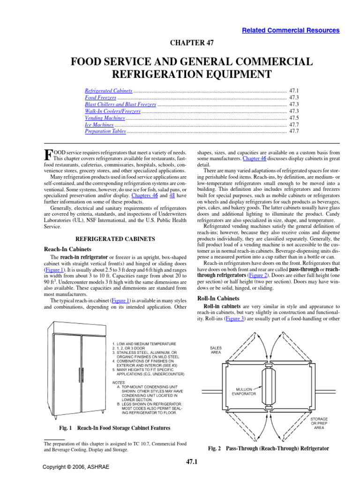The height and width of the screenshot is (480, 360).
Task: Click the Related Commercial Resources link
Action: pos(291,30)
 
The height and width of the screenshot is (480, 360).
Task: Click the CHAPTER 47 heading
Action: pos(191,43)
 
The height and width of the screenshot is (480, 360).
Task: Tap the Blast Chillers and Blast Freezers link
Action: pos(120,104)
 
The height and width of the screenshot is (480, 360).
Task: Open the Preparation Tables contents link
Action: pos(105,132)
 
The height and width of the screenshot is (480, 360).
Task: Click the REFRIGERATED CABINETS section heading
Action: pos(115,239)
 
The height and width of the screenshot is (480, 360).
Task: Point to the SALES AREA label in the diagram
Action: pos(216,350)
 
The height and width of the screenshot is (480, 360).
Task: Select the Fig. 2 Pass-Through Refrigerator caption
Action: pos(268,449)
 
